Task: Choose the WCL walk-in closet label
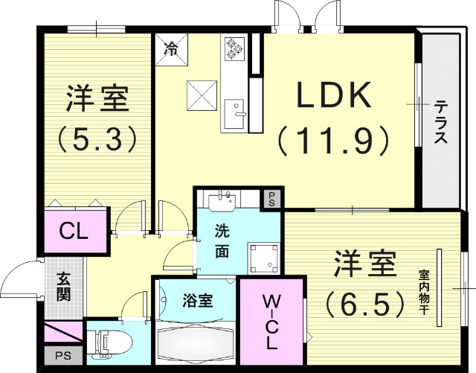tap(271, 322)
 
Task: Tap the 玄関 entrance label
tap(63, 287)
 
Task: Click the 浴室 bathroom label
tap(198, 301)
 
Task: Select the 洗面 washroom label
tap(222, 240)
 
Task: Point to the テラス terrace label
tap(441, 123)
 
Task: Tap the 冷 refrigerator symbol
tap(171, 51)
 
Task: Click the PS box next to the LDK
tap(273, 199)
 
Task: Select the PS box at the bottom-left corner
tap(57, 355)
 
